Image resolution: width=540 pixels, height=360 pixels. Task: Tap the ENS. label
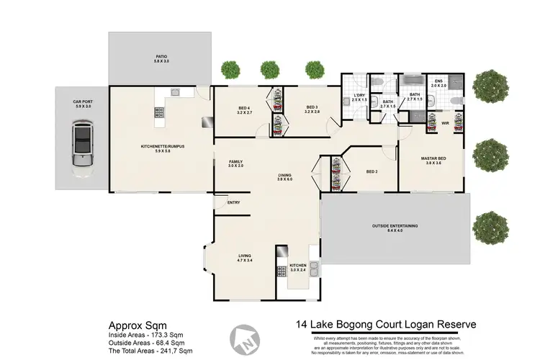pos(439,82)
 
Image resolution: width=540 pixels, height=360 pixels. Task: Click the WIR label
pos(445,123)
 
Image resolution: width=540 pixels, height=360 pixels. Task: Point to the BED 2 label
pos(372,172)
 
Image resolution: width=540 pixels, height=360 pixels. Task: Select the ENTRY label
pos(233,202)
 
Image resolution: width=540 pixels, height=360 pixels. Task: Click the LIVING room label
pos(245,256)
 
